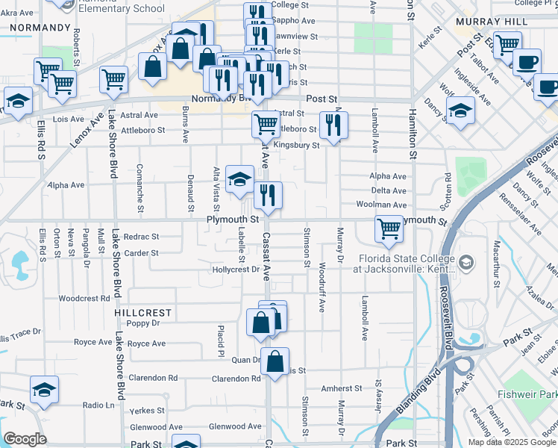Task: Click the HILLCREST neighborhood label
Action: pos(143,313)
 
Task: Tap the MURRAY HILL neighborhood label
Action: pos(489,22)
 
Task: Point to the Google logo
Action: pos(25,439)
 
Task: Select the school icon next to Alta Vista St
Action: pos(239,178)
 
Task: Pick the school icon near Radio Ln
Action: pos(44,390)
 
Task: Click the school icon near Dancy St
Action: pos(460,111)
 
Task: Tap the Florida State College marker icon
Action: pos(466,262)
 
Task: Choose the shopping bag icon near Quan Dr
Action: pos(275,361)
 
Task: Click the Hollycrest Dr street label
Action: pos(235,270)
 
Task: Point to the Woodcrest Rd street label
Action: pos(84,298)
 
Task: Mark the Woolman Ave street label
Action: pos(389,204)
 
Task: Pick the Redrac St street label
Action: pos(141,236)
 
